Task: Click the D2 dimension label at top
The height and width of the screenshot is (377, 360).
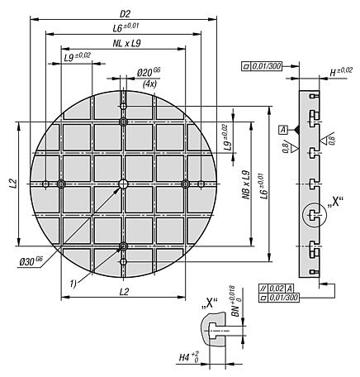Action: pos(126,13)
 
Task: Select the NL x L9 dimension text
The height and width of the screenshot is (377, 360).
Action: pos(126,44)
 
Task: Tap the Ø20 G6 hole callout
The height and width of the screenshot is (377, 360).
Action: pos(149,73)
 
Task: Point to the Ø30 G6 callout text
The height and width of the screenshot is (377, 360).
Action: pos(31,261)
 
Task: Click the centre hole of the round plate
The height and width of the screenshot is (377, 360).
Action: pos(123,184)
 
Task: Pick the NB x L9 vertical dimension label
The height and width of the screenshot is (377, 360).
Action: pos(246,184)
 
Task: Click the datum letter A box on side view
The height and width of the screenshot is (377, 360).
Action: pos(283,130)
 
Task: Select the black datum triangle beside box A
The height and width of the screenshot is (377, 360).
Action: pos(296,130)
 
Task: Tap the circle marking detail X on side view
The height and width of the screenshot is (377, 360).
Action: pos(314,215)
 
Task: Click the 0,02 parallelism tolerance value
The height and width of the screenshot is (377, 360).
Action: pos(277,289)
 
